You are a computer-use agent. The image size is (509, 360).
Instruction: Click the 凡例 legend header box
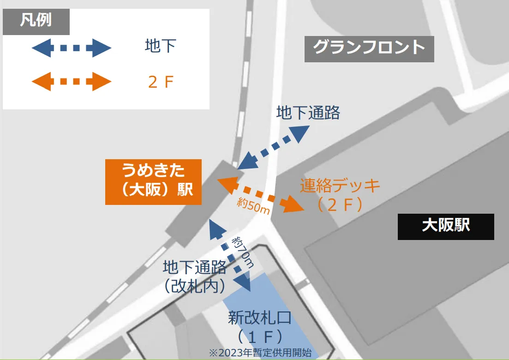[x=36, y=21]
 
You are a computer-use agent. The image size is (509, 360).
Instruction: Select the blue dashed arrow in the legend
[x=72, y=48]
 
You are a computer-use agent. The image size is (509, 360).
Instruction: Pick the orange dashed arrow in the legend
[x=72, y=82]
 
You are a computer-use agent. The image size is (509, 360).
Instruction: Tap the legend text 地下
[x=160, y=47]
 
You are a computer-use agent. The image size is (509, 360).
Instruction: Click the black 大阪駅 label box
[x=446, y=226]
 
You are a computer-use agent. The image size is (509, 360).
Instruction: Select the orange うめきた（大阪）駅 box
[x=153, y=182]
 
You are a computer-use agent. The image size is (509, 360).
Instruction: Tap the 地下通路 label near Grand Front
[x=308, y=112]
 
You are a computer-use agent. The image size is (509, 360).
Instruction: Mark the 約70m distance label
[x=243, y=252]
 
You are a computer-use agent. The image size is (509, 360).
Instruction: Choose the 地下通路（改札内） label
[x=194, y=276]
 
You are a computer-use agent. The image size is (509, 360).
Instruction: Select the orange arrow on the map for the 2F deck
[x=260, y=194]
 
